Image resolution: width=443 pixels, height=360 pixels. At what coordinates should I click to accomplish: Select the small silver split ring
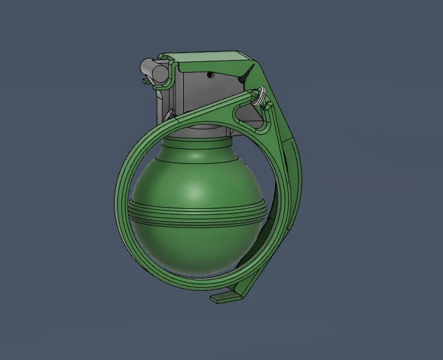tap(257, 95)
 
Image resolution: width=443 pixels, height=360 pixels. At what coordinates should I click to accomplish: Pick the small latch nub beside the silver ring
tap(268, 106)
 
